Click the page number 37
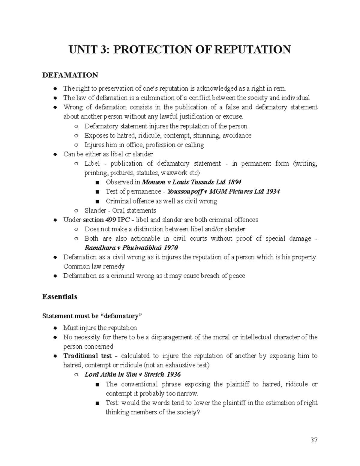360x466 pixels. pyautogui.click(x=314, y=440)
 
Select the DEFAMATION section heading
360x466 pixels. pyautogui.click(x=70, y=75)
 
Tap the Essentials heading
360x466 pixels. pyautogui.click(x=60, y=296)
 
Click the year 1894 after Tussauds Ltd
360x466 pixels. pyautogui.click(x=235, y=182)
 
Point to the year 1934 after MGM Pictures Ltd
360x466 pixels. pyautogui.click(x=273, y=191)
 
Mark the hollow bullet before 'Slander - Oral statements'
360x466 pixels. pyautogui.click(x=76, y=210)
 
